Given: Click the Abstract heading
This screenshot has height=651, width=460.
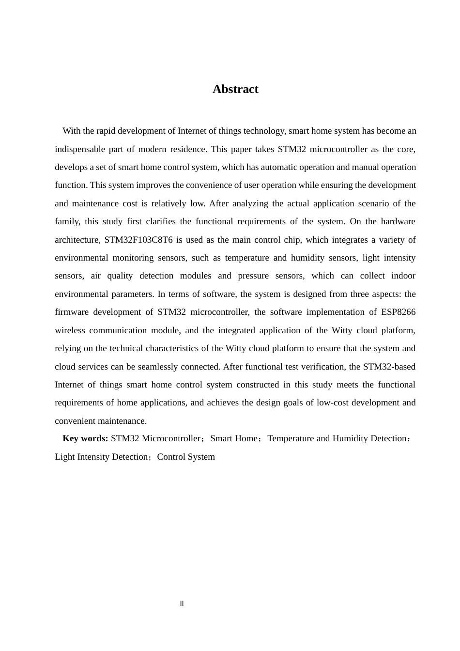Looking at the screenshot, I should (235, 89).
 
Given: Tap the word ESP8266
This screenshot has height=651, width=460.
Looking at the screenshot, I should (398, 312).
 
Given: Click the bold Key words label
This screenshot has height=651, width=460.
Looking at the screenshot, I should (85, 438).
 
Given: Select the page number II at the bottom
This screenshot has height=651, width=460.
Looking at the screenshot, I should (182, 604).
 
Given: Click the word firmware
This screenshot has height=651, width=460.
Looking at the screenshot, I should (71, 312).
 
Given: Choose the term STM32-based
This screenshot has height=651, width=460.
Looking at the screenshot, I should (389, 367).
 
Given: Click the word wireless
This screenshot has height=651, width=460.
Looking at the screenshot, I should (70, 330).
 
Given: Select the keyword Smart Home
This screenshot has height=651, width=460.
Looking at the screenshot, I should (234, 438).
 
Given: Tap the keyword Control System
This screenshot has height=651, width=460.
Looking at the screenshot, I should (186, 457).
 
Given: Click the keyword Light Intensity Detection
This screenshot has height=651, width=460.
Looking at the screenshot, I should (101, 457).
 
